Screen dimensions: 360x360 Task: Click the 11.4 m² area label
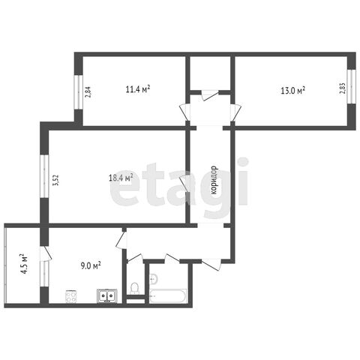138,89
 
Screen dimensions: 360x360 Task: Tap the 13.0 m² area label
292,90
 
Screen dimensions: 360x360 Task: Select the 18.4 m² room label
121,178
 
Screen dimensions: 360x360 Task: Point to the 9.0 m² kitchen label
91,265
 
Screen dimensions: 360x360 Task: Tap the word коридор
214,180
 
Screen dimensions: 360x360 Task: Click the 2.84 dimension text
88,91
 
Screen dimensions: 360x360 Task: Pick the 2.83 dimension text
342,88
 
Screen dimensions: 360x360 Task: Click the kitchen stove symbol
71,296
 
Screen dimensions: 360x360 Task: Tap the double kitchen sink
107,296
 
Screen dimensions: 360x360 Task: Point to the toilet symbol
135,288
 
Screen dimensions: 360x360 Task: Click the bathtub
168,296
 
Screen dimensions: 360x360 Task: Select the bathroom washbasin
153,278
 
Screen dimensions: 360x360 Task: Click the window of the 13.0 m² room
352,86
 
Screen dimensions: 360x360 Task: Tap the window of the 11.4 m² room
79,92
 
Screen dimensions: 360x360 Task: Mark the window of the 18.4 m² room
44,176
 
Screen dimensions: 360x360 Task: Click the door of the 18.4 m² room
184,184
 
